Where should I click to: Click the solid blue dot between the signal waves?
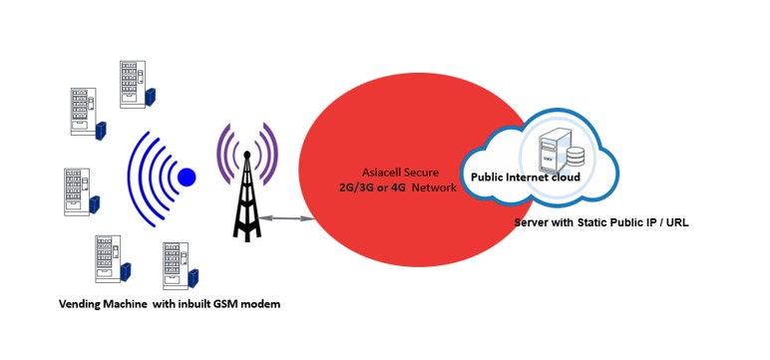pyautogui.click(x=187, y=178)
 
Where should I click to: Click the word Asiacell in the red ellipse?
pyautogui.click(x=372, y=172)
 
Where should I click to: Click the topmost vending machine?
pyautogui.click(x=132, y=82)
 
